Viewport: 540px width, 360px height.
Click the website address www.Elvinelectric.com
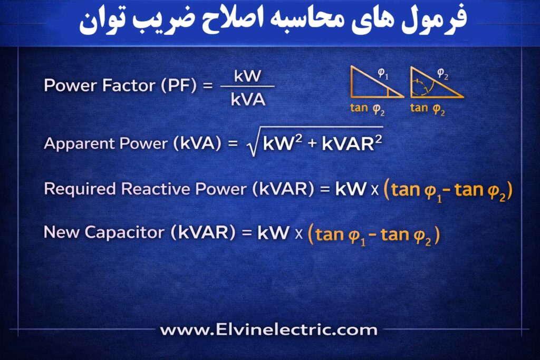269,330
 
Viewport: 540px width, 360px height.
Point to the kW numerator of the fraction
247,76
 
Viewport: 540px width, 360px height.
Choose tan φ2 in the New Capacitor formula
407,233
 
